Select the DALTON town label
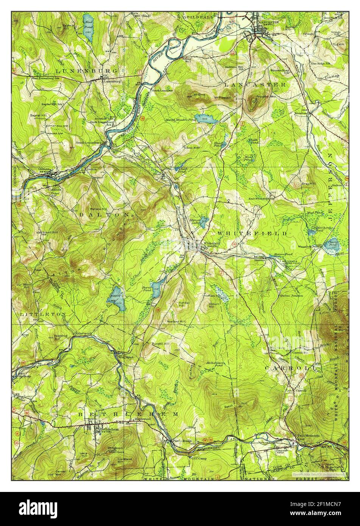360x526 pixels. click(x=104, y=215)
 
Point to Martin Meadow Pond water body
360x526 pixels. click(x=206, y=119)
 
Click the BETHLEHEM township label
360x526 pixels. click(x=128, y=415)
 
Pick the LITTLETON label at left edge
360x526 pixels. click(x=38, y=314)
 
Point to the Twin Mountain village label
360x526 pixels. click(x=308, y=436)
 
